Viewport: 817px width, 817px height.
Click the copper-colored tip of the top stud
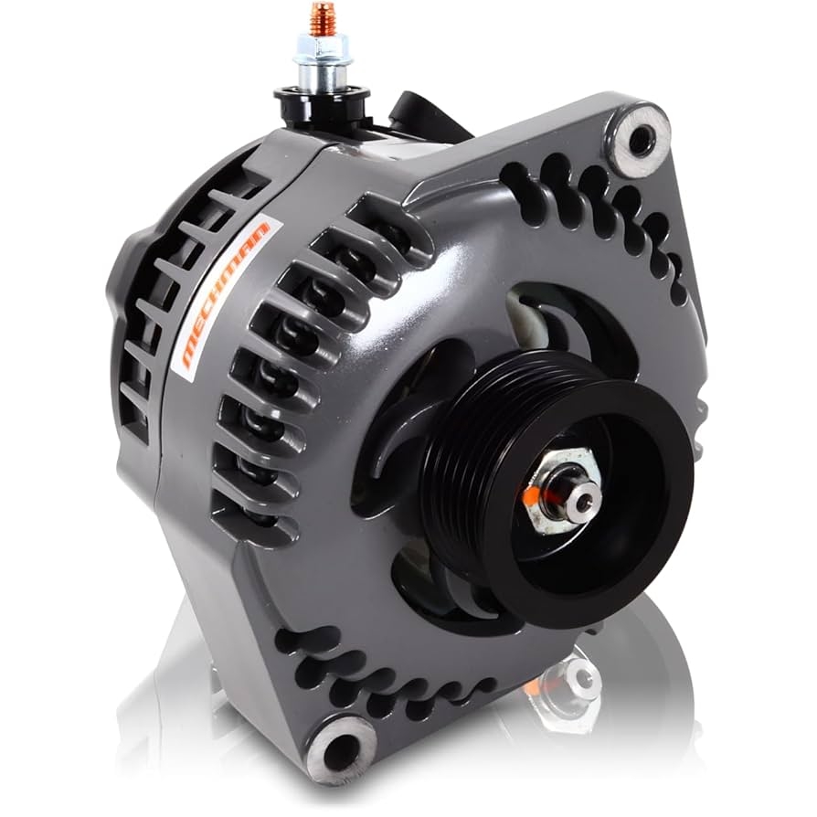point(323,16)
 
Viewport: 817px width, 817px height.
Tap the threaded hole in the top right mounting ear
point(641,140)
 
